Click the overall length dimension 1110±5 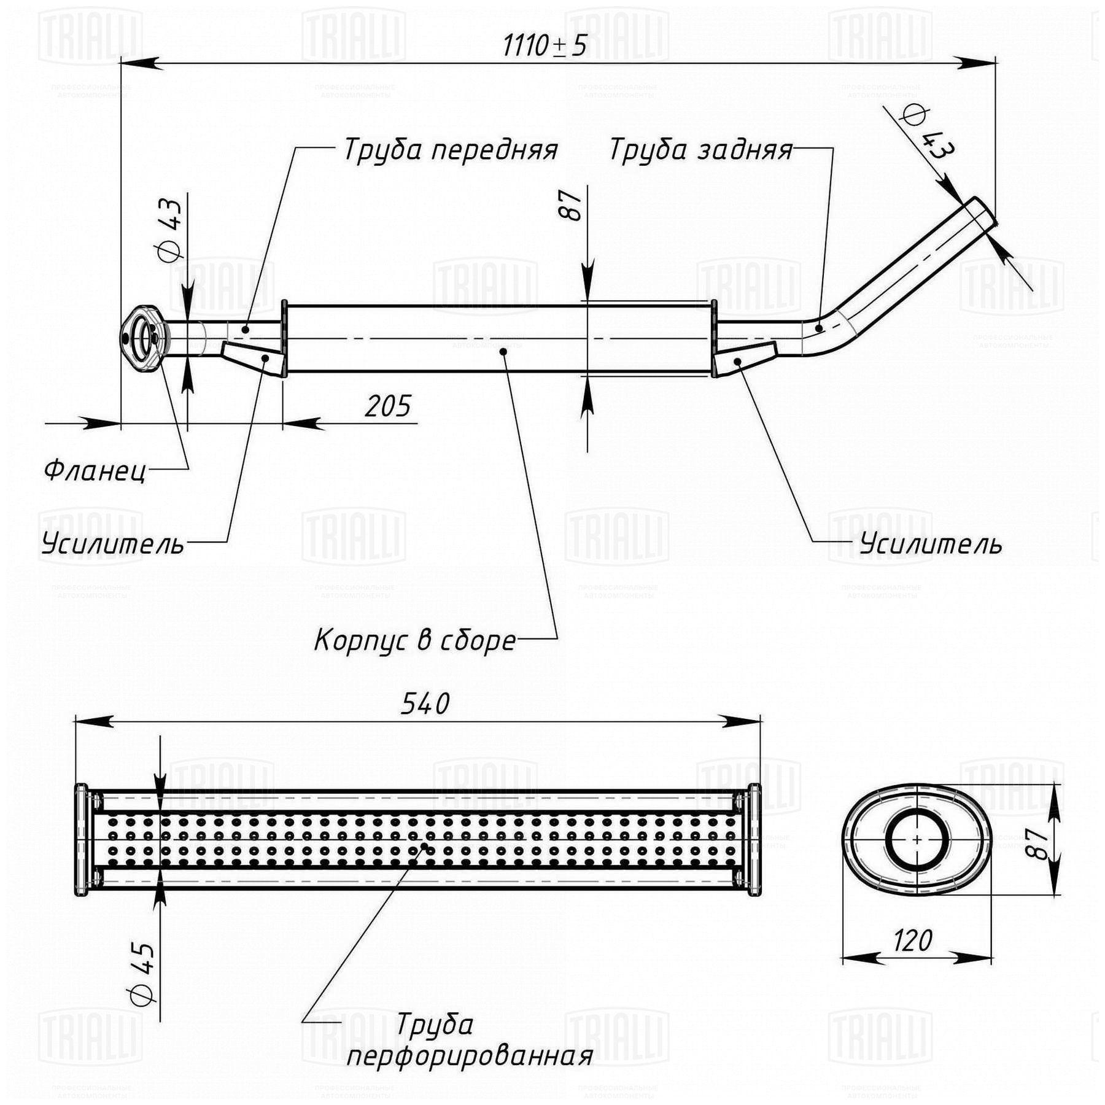coord(545,45)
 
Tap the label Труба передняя coord(450,150)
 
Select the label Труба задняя coord(700,150)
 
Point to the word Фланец coord(95,471)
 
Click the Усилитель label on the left coord(113,544)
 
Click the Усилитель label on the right coord(931,544)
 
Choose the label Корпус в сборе coord(415,640)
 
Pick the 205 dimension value coord(387,406)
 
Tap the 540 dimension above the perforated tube coord(425,704)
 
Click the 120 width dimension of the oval coord(913,940)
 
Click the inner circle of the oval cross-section coord(917,839)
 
